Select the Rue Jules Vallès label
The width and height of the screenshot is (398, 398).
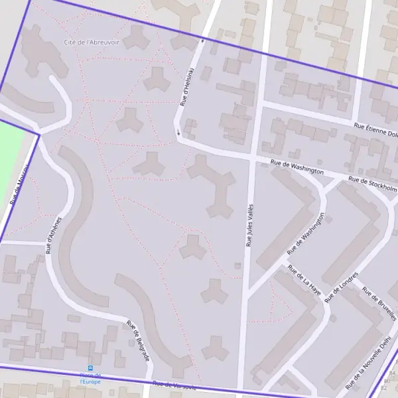tap(250, 226)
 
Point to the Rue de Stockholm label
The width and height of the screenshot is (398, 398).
tap(371, 181)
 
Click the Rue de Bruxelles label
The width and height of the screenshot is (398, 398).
tap(379, 303)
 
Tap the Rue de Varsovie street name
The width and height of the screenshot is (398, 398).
tap(174, 385)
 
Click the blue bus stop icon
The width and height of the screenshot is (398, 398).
tap(90, 368)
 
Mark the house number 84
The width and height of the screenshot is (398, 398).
tap(390, 373)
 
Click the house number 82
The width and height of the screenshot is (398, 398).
tap(385, 387)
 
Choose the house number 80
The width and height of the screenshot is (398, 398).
tap(387, 381)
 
